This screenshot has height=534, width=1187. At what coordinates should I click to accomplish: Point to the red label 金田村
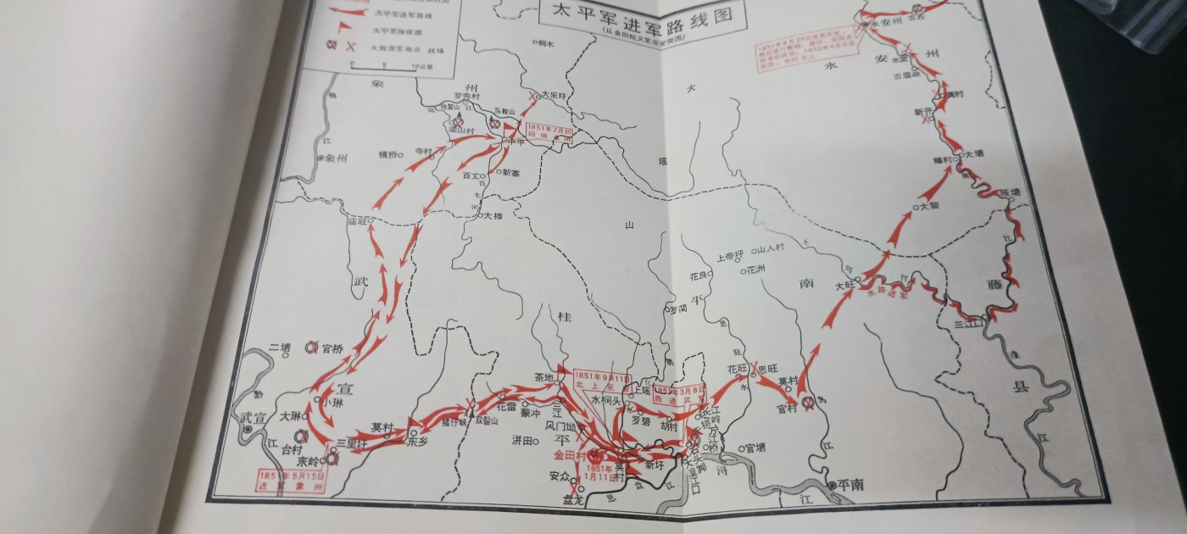[566, 455]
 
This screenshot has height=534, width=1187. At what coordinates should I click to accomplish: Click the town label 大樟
[492, 216]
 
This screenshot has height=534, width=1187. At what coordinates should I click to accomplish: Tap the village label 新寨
[514, 173]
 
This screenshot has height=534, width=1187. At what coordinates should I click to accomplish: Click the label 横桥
[389, 154]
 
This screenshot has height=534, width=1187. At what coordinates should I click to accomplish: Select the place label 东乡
[418, 442]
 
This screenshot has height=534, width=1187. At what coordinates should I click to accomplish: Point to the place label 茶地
[543, 377]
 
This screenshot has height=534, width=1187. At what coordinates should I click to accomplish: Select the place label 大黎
[928, 206]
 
